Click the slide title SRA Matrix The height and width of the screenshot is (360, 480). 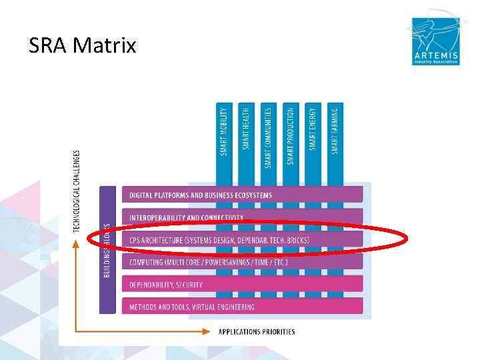82,46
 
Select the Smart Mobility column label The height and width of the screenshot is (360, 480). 224,131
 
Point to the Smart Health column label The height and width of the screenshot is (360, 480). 246,129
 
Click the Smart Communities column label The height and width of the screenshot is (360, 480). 268,137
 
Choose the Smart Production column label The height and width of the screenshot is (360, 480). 290,135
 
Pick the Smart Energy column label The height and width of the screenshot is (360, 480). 313,129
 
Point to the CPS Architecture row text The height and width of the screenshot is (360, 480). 219,240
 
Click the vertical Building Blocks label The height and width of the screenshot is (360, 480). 107,250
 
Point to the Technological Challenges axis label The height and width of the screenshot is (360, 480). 77,191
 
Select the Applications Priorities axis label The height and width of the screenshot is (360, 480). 257,331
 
